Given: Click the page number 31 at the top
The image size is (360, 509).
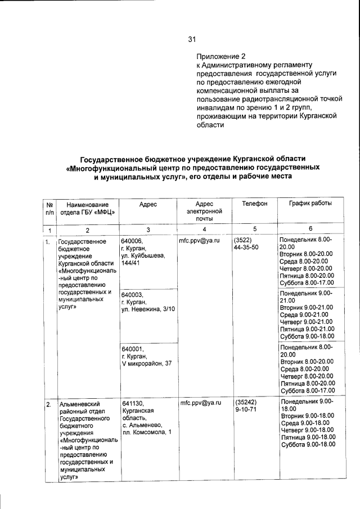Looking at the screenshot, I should [x=191, y=39].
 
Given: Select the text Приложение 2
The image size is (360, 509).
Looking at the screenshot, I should [x=221, y=57].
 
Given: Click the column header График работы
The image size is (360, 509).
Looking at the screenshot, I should [x=310, y=204].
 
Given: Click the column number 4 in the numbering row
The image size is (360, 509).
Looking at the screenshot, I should [x=204, y=229].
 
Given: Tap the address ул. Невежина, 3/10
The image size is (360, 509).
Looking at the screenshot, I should [x=148, y=309].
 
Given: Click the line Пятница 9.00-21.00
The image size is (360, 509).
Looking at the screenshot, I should [x=307, y=328].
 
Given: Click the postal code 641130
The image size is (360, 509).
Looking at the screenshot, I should [x=133, y=403].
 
